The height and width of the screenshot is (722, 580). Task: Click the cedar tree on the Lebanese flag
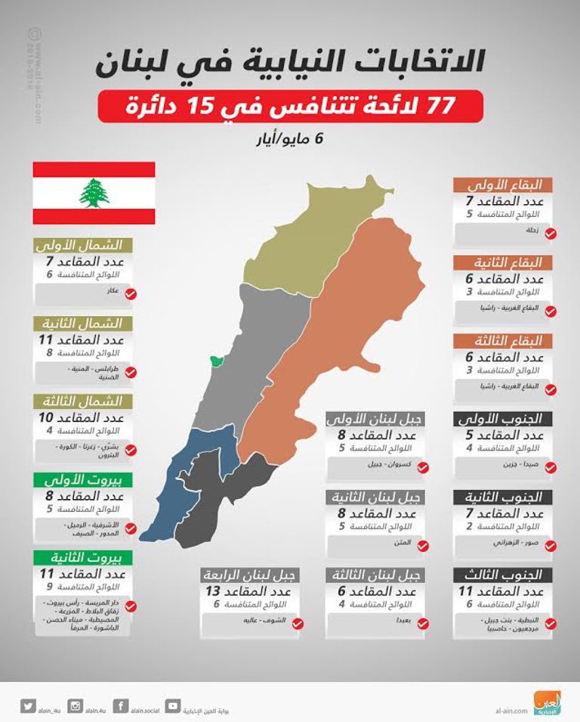94,193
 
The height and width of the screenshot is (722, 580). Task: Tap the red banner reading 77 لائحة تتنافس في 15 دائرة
290,106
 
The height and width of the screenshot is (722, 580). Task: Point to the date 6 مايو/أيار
291,141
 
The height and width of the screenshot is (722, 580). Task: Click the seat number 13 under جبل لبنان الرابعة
215,590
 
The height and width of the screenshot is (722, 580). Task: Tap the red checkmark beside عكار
130,293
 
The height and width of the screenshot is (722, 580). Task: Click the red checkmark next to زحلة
550,234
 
